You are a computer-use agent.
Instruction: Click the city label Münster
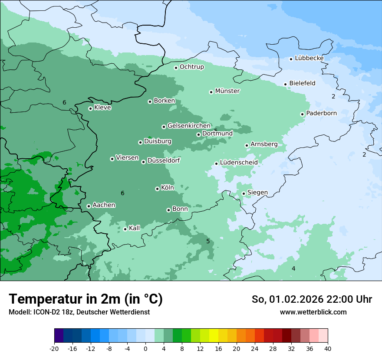[227, 91]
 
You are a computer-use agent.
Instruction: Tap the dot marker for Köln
[157, 189]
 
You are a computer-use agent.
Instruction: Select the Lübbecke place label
[309, 58]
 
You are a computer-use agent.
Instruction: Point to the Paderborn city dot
[302, 114]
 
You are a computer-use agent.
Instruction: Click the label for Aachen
[104, 205]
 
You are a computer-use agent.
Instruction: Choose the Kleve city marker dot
[90, 108]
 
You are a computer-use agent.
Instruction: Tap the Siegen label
[257, 193]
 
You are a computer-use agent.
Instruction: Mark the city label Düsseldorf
[164, 160]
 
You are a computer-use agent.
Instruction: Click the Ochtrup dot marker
[176, 68]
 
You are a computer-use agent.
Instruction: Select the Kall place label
[135, 228]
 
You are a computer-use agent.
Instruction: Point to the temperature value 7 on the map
[19, 228]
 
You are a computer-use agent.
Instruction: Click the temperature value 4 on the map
[293, 269]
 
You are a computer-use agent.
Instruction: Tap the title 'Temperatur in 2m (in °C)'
[86, 299]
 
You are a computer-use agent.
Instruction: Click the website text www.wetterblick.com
[313, 312]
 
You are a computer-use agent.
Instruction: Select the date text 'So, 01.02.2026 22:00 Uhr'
[312, 299]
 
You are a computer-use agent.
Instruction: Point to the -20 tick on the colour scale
[54, 348]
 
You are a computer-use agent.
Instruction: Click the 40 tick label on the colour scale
[328, 348]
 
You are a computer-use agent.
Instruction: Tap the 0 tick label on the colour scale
[145, 348]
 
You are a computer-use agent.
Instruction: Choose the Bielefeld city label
[302, 83]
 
